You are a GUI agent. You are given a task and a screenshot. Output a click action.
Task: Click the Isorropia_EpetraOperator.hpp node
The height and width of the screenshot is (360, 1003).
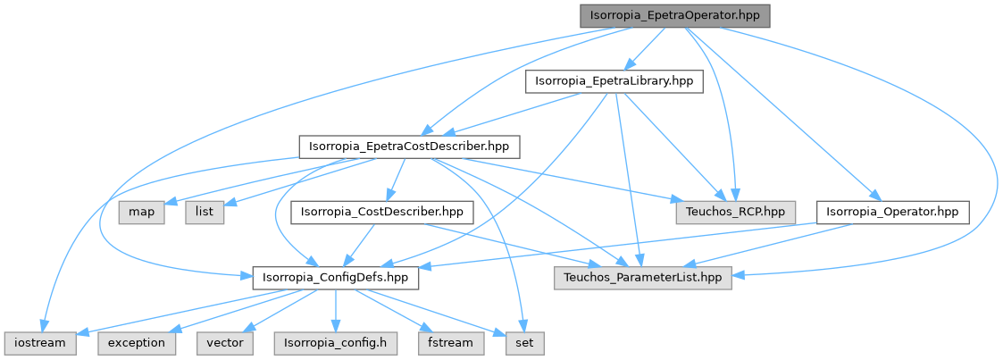tap(674, 16)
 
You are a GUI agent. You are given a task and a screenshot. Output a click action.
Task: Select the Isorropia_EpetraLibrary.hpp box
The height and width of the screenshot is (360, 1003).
tap(614, 81)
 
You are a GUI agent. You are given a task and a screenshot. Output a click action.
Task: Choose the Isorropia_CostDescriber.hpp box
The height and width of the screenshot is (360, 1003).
tap(381, 213)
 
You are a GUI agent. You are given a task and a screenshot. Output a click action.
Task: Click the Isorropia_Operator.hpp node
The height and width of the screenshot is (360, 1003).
tap(892, 213)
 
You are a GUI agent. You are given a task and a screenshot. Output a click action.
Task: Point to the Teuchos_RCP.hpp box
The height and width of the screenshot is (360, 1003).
tap(735, 213)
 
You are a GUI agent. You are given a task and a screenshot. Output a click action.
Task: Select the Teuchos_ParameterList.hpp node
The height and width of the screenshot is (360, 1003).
tap(643, 278)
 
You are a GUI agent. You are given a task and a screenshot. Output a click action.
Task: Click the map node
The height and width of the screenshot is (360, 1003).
tap(142, 213)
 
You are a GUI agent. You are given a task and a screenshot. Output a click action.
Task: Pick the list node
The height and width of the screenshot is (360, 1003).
tap(205, 213)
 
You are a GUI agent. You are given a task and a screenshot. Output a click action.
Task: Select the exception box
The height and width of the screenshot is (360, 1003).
tap(136, 343)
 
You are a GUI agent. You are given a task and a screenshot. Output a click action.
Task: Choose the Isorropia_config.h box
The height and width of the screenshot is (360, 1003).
tap(335, 343)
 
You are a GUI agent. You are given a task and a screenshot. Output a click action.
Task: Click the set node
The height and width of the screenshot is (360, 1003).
tap(523, 343)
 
